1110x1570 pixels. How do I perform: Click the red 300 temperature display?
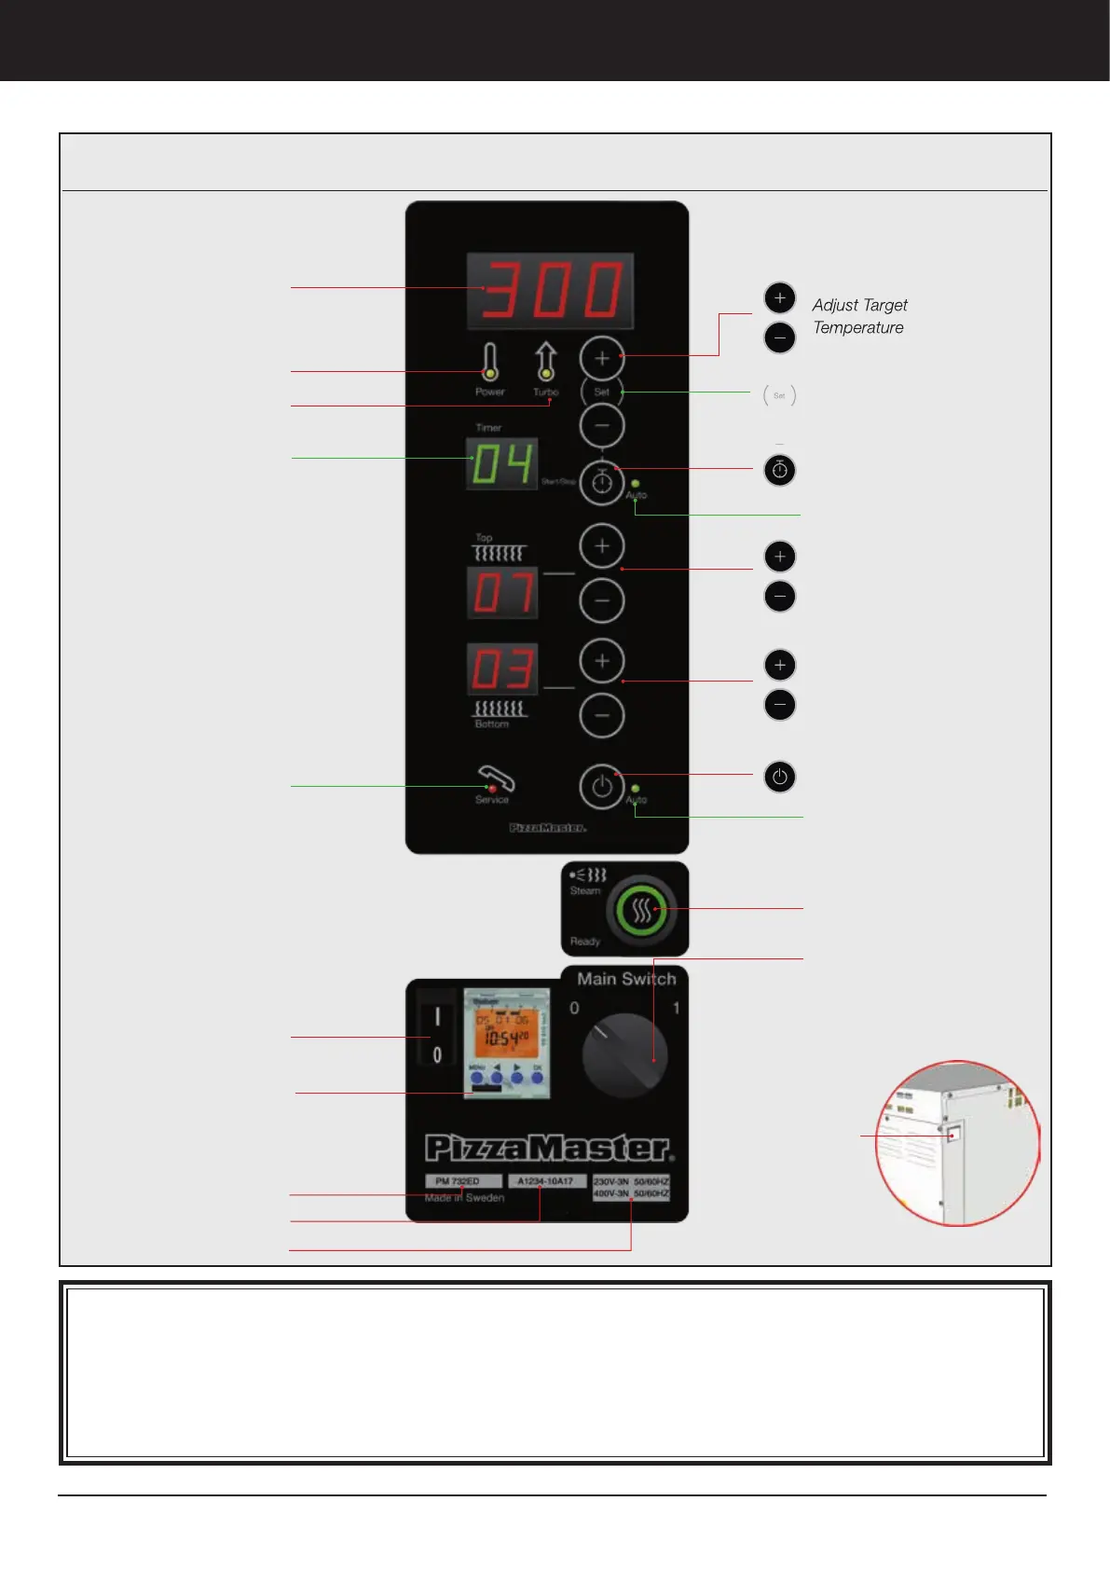[550, 290]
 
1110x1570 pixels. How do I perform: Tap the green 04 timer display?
[502, 464]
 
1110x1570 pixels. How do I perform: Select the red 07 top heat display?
[502, 593]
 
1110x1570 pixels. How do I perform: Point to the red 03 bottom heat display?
[502, 669]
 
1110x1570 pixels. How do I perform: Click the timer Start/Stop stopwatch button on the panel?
[602, 482]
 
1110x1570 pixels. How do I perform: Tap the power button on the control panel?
[602, 787]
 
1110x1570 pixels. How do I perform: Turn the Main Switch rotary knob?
[624, 1055]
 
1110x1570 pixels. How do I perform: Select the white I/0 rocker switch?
[436, 1035]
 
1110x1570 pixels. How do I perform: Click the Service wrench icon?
[495, 778]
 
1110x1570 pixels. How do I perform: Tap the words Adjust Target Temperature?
[858, 316]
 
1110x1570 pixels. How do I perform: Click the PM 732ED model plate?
[463, 1181]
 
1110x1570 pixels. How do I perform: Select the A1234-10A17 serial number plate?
[545, 1181]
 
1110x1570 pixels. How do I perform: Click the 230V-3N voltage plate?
[631, 1187]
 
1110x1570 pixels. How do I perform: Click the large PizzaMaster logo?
[548, 1148]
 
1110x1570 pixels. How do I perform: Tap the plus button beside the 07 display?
[602, 546]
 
